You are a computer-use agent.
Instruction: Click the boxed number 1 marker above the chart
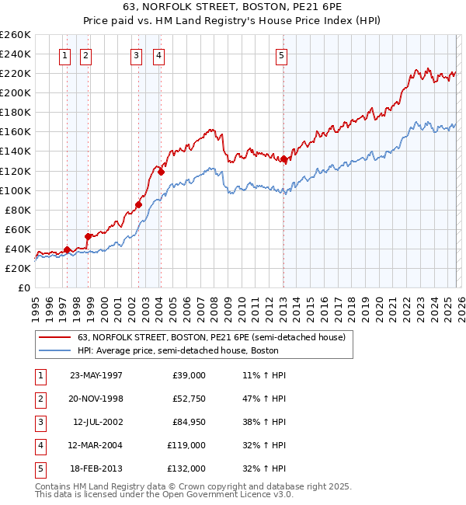pos(64,55)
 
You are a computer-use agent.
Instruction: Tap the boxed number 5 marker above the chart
pos(280,55)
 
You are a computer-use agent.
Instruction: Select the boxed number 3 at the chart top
pos(136,55)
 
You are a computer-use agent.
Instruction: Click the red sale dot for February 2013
pos(284,159)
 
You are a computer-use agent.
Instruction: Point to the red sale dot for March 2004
pos(161,172)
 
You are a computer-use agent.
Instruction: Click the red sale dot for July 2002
pos(138,205)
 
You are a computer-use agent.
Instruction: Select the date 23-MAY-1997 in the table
pos(96,375)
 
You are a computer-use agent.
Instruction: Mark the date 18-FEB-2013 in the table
pos(96,468)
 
